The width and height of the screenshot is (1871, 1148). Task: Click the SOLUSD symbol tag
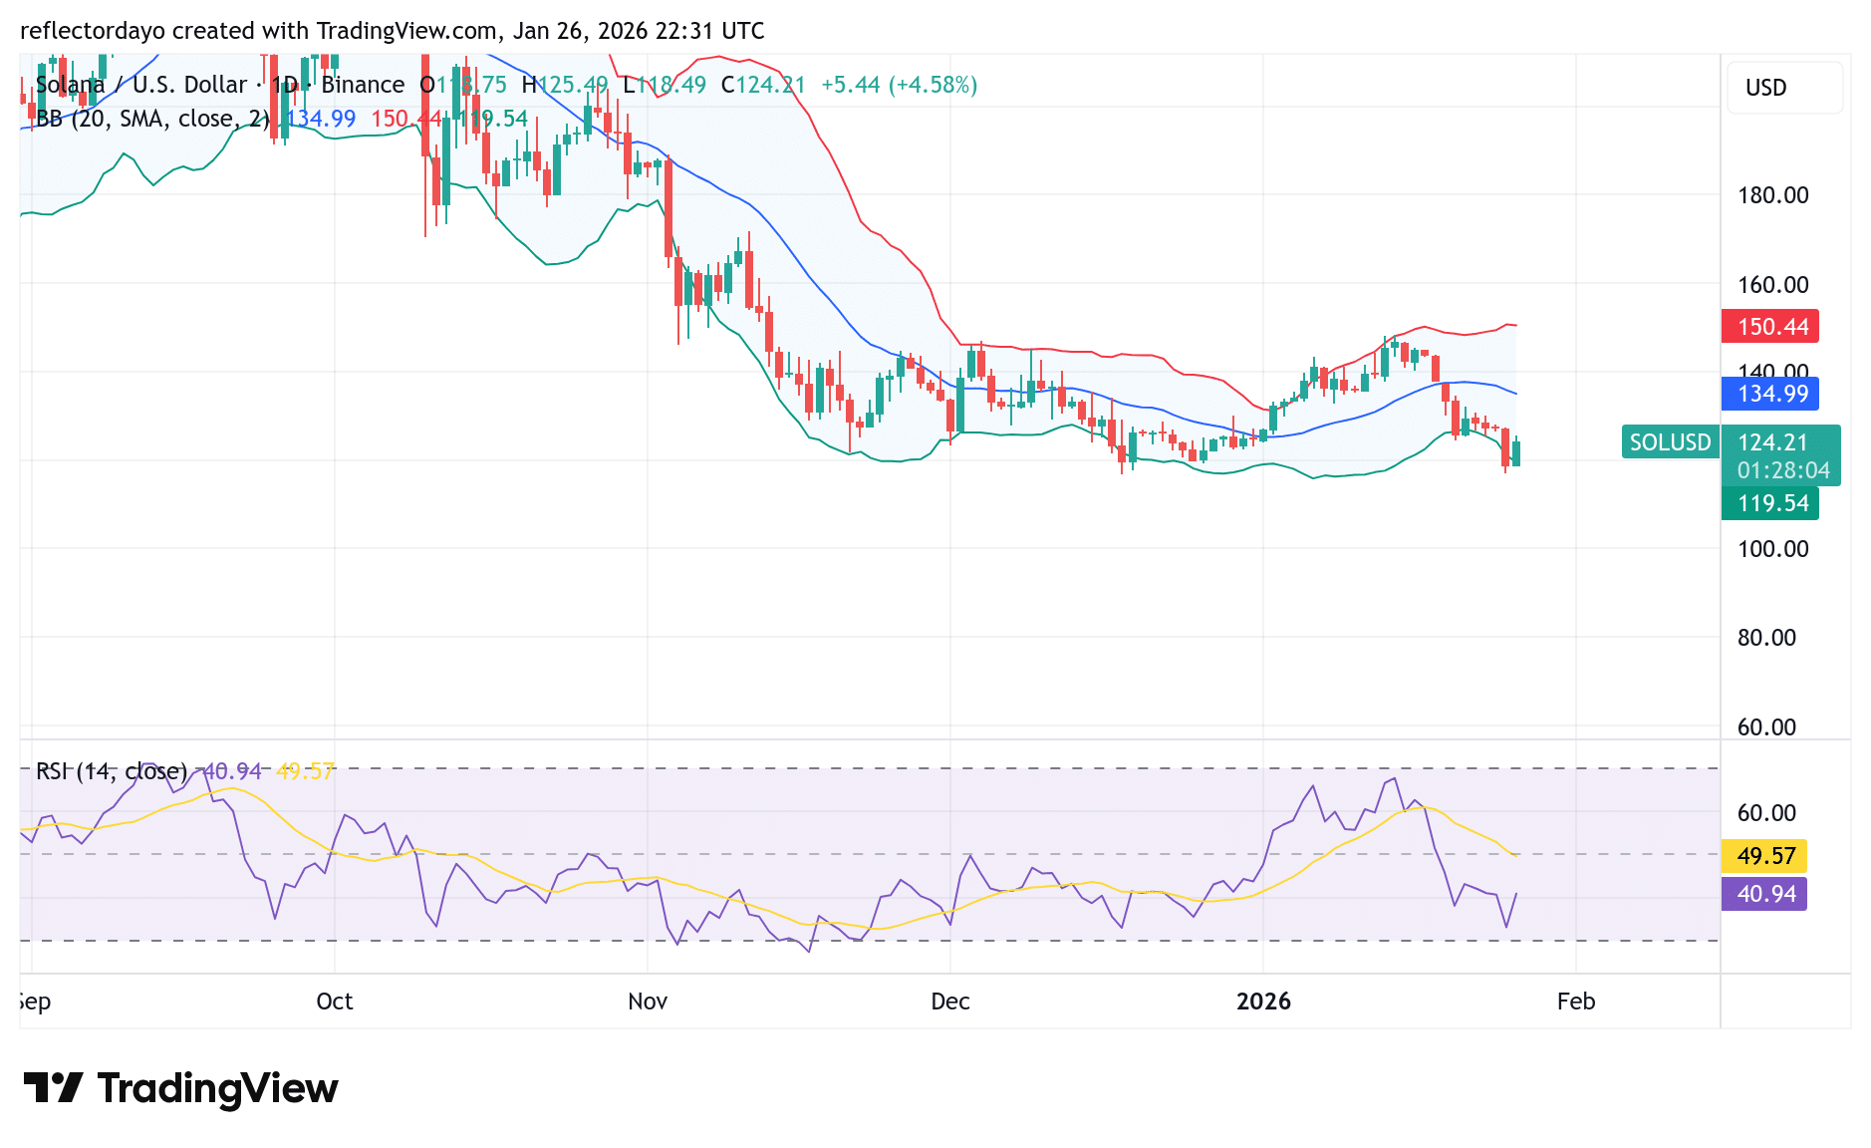[1670, 442]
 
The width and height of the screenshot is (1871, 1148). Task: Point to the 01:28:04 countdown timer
[1783, 470]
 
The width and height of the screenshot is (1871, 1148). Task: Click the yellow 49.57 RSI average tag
[1764, 856]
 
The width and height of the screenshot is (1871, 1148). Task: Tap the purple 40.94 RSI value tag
[1764, 894]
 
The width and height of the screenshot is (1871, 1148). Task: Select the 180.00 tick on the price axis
[1772, 195]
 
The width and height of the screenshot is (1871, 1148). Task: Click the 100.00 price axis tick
[1772, 549]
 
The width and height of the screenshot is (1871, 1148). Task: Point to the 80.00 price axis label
[1766, 638]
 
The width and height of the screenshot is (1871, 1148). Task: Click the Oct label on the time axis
[335, 1002]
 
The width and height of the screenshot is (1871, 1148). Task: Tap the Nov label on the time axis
[648, 1002]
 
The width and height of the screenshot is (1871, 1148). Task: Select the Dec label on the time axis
[950, 1002]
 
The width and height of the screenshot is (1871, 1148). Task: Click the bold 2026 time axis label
[1263, 1002]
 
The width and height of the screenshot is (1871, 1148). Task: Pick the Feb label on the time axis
[1576, 1002]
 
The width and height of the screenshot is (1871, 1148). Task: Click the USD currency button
[1766, 88]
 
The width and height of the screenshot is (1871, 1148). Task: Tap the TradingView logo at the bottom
[180, 1088]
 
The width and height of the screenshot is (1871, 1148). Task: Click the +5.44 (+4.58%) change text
[899, 86]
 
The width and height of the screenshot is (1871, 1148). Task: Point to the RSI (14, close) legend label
[112, 771]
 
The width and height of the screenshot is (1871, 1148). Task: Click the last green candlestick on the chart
[1516, 453]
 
